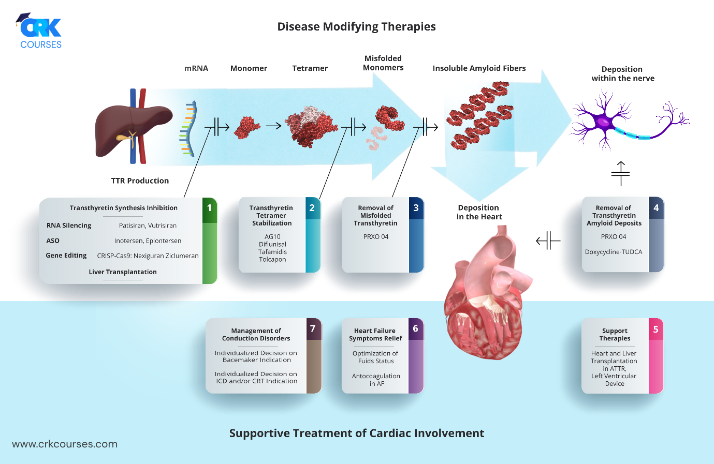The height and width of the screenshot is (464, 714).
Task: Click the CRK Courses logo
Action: (40, 31)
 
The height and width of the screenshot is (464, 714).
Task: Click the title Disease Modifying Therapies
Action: (356, 27)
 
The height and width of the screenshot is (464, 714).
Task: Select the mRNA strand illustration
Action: (188, 129)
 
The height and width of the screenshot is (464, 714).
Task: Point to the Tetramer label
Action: (310, 68)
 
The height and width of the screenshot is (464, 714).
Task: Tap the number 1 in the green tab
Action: (209, 208)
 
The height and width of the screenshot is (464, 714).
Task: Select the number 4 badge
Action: (656, 208)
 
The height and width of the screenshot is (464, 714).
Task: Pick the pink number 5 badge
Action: (655, 330)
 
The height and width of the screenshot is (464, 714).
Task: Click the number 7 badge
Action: (313, 328)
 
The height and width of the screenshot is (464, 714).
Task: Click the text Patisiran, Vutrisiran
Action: (148, 226)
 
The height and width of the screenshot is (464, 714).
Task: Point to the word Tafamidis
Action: (272, 252)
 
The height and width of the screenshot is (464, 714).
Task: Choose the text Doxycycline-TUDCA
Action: (614, 252)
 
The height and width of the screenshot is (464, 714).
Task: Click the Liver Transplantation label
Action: (123, 272)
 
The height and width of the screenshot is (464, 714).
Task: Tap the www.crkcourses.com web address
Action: (65, 444)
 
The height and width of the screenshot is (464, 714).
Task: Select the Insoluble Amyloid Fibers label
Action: (479, 68)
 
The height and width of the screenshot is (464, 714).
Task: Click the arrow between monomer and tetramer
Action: (273, 126)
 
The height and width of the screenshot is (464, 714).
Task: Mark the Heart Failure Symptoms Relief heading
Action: (375, 335)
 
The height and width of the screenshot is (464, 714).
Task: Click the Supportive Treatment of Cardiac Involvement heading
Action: (356, 433)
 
